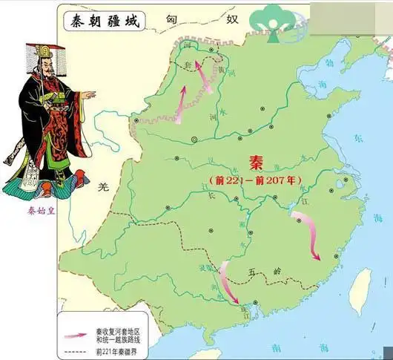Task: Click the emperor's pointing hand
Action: (x=89, y=94)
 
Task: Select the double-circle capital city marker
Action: (x=194, y=139)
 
